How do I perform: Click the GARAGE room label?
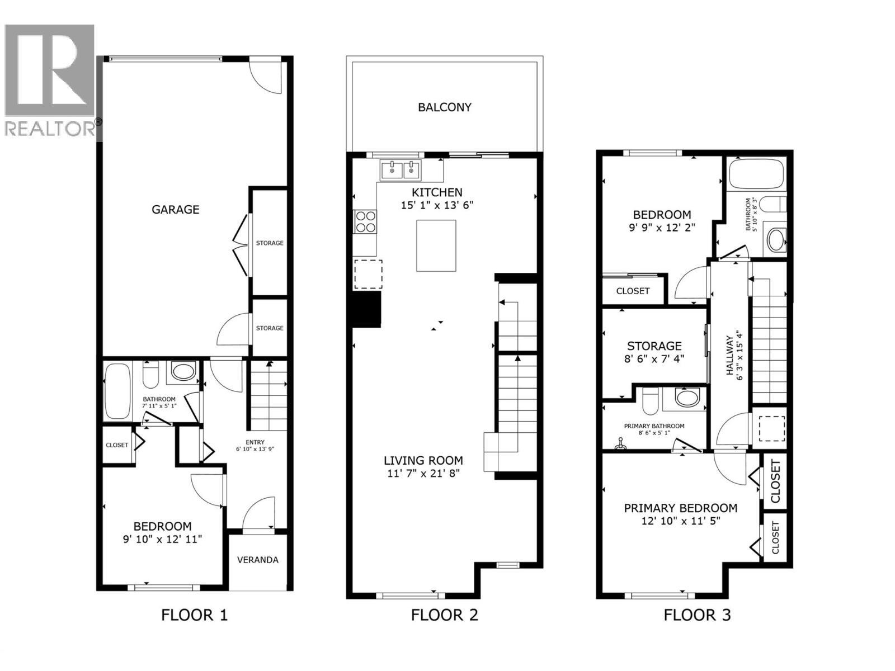175,209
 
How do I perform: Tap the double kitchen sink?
401,169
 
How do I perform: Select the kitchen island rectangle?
436,245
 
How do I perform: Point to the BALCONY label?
445,107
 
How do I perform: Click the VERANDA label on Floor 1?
258,560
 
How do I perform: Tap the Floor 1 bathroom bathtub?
117,391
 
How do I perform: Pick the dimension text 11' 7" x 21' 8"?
423,474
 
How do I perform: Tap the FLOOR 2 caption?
445,616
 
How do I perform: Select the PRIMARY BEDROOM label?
680,508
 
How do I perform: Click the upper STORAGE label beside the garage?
270,243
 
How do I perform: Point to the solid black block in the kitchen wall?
367,309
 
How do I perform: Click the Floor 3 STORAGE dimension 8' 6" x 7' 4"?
654,359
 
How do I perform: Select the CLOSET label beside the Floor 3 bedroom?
633,291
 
